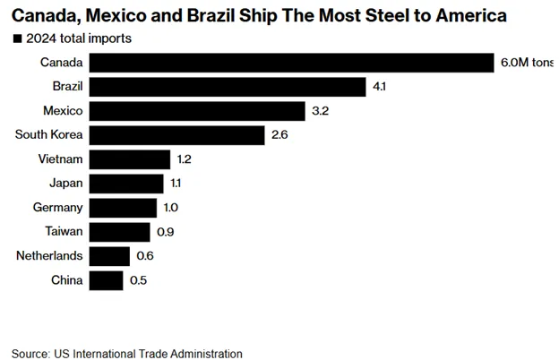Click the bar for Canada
292,62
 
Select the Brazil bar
228,87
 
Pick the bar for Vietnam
130,159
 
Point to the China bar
107,280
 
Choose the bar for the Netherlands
109,256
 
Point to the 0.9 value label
166,232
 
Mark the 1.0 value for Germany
171,208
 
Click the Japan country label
64,184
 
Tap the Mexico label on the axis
62,111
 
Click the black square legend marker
17,39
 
